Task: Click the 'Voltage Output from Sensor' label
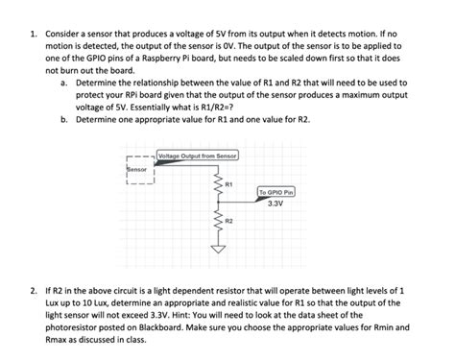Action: click(x=197, y=155)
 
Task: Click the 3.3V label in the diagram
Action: click(x=275, y=204)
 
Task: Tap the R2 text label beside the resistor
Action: click(x=227, y=221)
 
